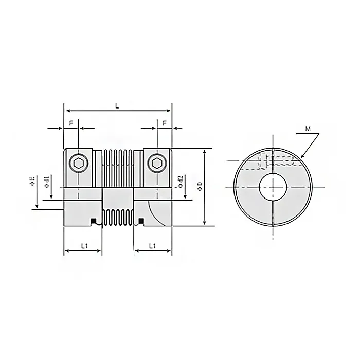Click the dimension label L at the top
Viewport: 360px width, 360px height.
[117, 105]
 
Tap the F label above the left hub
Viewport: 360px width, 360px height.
[71, 123]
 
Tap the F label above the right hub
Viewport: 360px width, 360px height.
[164, 123]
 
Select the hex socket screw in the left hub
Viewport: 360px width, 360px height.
[79, 164]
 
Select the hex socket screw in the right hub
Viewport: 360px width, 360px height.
[157, 164]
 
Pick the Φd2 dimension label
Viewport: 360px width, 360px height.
[181, 181]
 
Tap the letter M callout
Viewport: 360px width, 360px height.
[308, 129]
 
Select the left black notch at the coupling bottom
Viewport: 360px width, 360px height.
[94, 222]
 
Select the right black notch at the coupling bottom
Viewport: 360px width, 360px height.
[141, 222]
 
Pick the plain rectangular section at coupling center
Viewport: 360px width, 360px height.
[118, 198]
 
